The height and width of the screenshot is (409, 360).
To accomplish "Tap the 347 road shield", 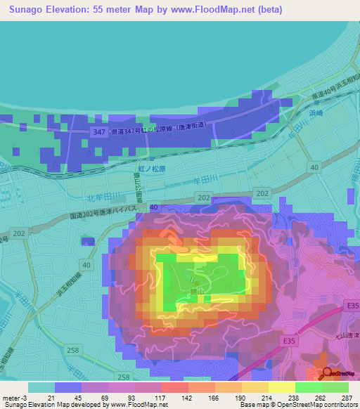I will pos(98,132).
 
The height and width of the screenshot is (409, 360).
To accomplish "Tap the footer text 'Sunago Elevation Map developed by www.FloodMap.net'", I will pos(84,405).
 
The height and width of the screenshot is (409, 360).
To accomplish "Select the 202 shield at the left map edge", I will pos(18,233).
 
